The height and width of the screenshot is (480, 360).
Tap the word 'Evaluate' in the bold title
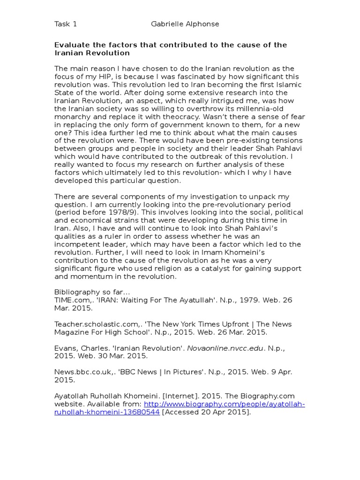pyautogui.click(x=71, y=45)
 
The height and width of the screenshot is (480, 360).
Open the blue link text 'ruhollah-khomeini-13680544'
pyautogui.click(x=107, y=412)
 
